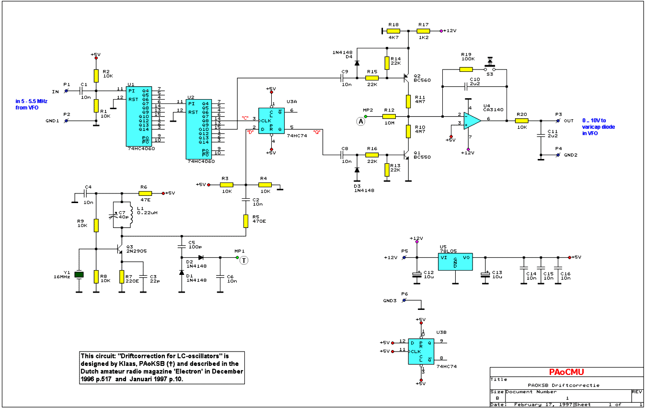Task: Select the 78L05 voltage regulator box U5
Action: click(454, 261)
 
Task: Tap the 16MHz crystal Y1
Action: click(80, 275)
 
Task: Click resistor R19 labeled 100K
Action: click(466, 69)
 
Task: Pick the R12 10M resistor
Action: click(389, 116)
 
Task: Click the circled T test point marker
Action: click(243, 261)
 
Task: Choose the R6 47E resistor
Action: click(145, 193)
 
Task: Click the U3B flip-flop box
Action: click(421, 351)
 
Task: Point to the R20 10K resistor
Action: click(521, 121)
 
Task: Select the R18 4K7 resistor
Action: click(393, 31)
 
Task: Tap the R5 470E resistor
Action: click(246, 221)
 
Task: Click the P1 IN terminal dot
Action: click(67, 90)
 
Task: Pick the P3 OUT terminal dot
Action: click(557, 121)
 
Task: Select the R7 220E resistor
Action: click(122, 276)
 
